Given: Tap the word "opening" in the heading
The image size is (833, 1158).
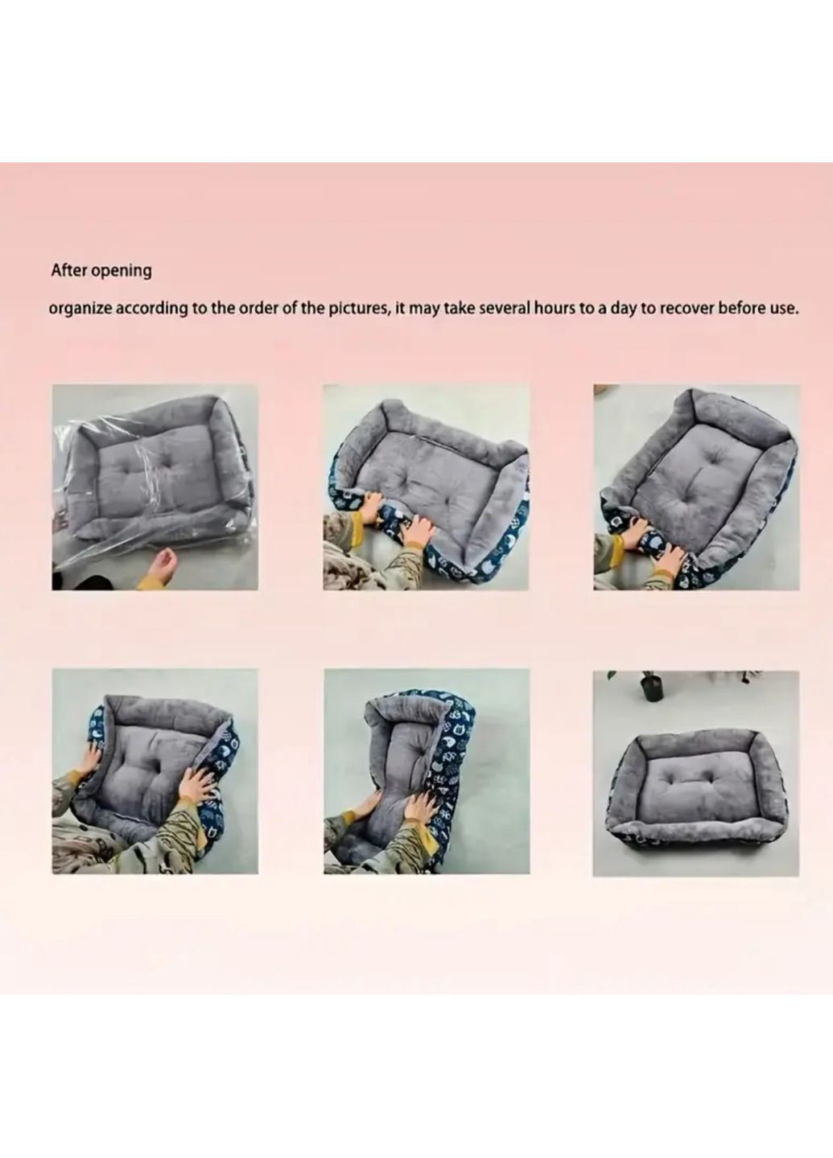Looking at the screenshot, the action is click(x=121, y=272).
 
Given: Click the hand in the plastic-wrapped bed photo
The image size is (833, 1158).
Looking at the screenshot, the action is click(x=162, y=564).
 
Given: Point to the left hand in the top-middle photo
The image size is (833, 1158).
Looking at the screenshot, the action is click(x=367, y=504).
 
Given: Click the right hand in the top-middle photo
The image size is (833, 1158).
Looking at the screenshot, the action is click(x=417, y=521).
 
